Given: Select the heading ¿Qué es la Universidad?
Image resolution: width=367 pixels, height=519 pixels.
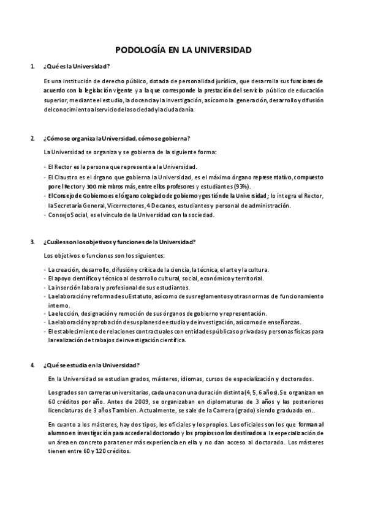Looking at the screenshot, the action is (x=77, y=66).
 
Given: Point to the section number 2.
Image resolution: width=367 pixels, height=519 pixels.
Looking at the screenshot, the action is (x=32, y=138).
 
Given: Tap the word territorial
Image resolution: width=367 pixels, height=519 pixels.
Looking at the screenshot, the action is (x=248, y=278).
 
